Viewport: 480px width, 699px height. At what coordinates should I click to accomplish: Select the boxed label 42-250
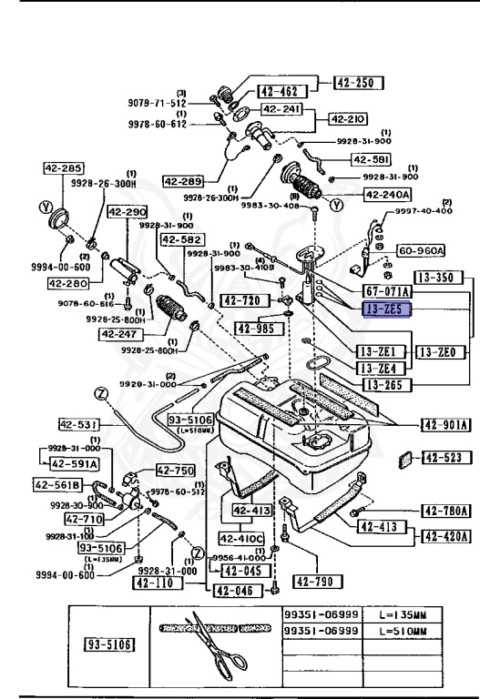358,83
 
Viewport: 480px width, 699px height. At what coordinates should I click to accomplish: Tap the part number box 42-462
278,91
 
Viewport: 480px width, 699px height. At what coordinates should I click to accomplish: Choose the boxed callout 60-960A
421,250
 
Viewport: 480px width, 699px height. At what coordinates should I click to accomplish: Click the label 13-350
436,275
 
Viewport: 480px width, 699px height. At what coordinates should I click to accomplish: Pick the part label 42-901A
444,423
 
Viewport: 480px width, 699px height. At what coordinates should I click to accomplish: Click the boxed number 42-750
175,471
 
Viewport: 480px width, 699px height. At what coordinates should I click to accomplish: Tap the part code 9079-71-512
156,104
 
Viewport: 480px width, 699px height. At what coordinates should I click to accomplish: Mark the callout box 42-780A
444,512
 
